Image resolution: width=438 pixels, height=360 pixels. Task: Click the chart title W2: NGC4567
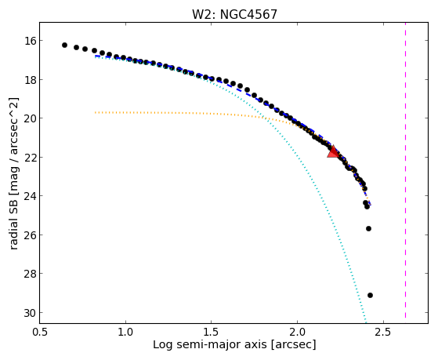[x=234, y=15]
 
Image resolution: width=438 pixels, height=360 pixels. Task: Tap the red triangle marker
[x=333, y=152]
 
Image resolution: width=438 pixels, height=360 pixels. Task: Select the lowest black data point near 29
[x=370, y=295]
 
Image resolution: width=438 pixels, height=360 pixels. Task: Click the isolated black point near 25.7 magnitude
[x=368, y=228]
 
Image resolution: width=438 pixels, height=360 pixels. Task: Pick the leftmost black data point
[x=64, y=45]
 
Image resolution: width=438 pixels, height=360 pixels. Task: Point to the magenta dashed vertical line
[x=405, y=170]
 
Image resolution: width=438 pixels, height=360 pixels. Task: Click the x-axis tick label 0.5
[x=40, y=333]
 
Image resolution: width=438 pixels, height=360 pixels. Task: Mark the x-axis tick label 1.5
[x=212, y=333]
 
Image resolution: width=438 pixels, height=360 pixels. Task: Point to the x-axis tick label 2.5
[x=383, y=333]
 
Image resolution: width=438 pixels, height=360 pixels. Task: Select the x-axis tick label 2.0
[x=298, y=333]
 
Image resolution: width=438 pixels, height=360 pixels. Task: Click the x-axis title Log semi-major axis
[x=210, y=344]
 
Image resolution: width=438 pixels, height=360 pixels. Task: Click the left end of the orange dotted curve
[x=96, y=112]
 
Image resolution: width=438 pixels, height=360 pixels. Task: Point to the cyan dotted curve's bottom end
[x=366, y=322]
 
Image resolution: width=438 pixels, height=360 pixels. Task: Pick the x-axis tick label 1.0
[x=125, y=333]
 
